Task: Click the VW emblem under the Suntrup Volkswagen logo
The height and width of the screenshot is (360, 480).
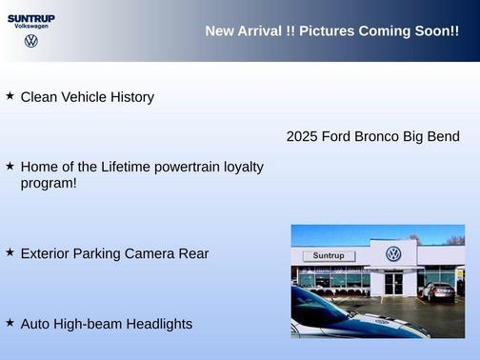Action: pos(31,41)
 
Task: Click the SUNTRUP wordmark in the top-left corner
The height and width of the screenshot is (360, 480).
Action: pos(31,17)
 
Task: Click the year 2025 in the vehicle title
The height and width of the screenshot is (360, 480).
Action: pos(302,136)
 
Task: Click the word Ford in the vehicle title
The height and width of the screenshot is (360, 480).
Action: pos(337,136)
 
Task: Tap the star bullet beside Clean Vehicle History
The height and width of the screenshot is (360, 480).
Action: pos(10,96)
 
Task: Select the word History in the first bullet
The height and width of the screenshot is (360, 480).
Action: pos(130,97)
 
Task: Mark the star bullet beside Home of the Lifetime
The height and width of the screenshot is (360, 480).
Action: pos(10,166)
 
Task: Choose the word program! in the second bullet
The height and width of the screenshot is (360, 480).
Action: pos(49,183)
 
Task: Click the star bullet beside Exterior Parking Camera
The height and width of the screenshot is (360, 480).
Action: pos(10,252)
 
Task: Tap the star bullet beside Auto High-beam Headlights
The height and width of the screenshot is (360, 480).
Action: pos(10,323)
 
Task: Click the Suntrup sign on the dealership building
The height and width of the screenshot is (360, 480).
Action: pos(328,256)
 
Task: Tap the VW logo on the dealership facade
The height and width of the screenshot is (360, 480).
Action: pos(393,254)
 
